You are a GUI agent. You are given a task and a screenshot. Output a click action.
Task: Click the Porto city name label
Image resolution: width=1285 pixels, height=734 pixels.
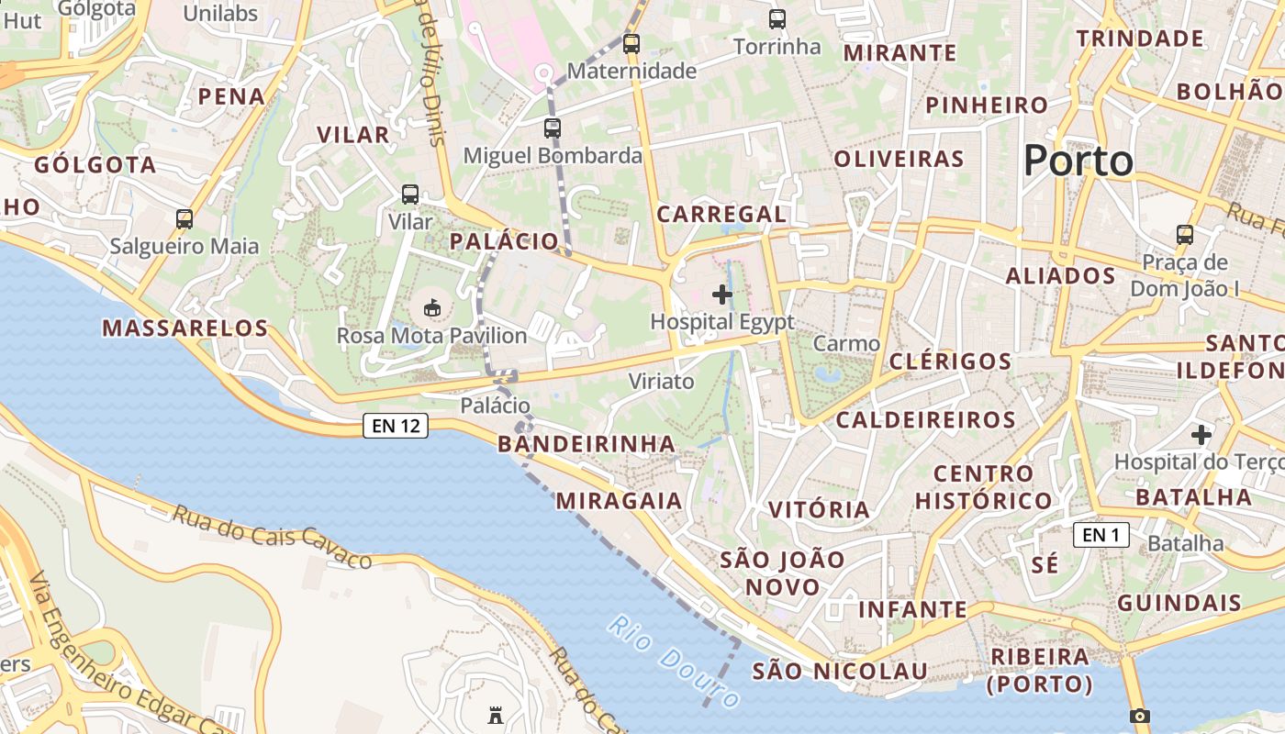click(1078, 161)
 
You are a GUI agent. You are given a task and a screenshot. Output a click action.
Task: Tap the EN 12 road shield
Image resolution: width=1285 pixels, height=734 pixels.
click(396, 426)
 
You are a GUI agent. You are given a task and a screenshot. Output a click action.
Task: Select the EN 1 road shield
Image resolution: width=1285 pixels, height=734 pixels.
click(1101, 535)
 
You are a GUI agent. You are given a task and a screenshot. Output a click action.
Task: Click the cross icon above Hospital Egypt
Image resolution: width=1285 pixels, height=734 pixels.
click(722, 295)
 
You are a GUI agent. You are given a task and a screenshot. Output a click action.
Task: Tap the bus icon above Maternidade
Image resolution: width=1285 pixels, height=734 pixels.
click(631, 43)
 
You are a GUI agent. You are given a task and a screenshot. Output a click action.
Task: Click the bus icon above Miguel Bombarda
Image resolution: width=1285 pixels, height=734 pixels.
click(552, 128)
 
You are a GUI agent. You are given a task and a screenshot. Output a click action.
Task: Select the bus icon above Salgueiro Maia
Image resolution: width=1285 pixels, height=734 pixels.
click(184, 219)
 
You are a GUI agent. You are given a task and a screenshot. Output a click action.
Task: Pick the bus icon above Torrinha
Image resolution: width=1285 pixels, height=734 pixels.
click(777, 18)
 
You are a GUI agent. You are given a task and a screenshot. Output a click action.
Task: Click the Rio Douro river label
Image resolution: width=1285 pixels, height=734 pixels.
click(674, 663)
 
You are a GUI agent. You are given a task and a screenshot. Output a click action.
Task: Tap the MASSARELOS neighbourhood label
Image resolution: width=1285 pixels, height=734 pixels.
click(184, 328)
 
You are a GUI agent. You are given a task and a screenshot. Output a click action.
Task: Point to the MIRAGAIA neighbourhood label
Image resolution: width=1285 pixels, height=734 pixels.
click(619, 500)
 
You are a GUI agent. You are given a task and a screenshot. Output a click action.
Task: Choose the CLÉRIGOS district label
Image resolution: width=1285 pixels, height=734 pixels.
click(950, 361)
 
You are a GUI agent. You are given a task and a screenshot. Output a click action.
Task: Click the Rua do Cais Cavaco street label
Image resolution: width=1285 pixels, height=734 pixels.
click(272, 537)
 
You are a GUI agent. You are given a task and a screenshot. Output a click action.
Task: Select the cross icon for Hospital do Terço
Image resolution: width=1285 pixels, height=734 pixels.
click(1201, 435)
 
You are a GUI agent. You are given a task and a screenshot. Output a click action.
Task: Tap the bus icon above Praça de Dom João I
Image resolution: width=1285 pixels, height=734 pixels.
click(1185, 235)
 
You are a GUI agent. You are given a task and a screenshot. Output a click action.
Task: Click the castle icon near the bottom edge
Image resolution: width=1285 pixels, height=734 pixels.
click(496, 716)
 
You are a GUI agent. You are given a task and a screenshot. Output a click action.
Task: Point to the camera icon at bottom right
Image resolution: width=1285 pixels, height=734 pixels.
click(1140, 717)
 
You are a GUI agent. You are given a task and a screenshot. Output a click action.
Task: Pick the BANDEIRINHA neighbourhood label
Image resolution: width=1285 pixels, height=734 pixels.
click(586, 444)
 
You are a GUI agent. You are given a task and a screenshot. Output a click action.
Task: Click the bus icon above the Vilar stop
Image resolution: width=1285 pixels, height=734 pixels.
click(410, 195)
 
